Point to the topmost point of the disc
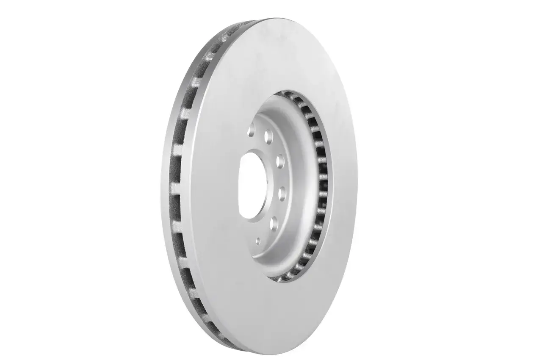click(x=271, y=19)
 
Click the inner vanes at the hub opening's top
click(x=292, y=97)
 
